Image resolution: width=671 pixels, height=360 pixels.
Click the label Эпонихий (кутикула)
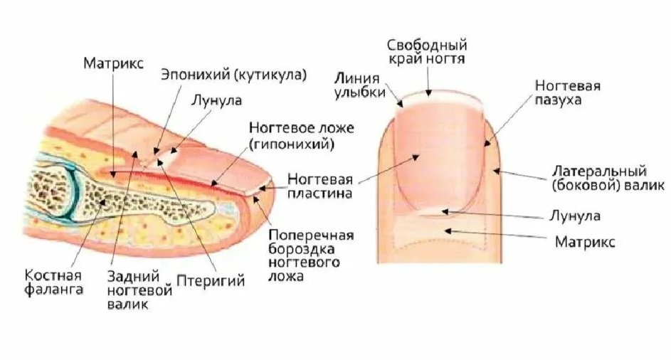pyautogui.click(x=233, y=75)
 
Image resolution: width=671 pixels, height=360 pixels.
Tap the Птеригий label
pyautogui.click(x=215, y=281)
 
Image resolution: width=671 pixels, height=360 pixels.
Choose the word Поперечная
pyautogui.click(x=312, y=235)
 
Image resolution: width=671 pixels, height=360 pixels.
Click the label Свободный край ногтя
pyautogui.click(x=426, y=51)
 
